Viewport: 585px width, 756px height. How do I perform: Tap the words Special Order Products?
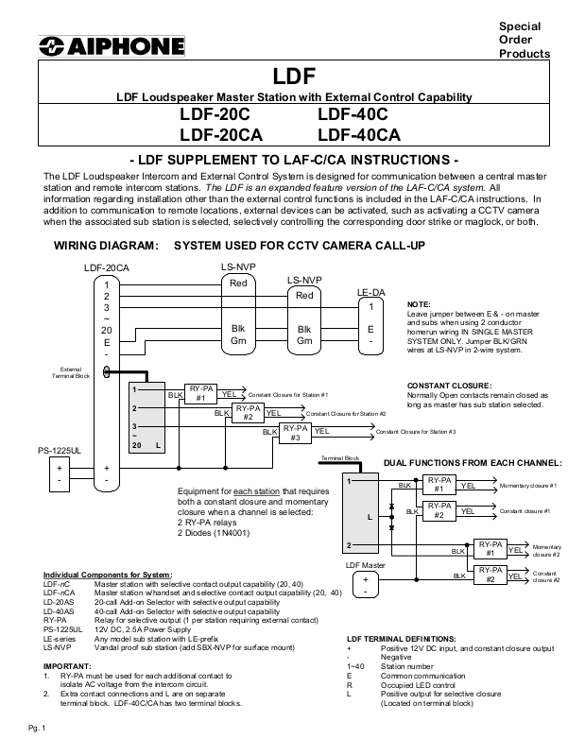(524, 40)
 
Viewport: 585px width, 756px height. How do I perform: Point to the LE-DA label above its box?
(370, 294)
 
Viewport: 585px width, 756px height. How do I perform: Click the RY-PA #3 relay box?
(294, 433)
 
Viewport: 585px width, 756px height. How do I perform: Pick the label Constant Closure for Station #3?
(415, 432)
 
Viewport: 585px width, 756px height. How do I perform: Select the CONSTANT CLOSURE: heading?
(448, 386)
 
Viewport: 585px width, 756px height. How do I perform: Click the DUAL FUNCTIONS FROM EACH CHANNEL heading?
(472, 462)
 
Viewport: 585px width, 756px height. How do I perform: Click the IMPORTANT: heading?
(68, 667)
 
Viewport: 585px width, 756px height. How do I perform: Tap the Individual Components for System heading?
(107, 576)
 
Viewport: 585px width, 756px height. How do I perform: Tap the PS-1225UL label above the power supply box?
(64, 453)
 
